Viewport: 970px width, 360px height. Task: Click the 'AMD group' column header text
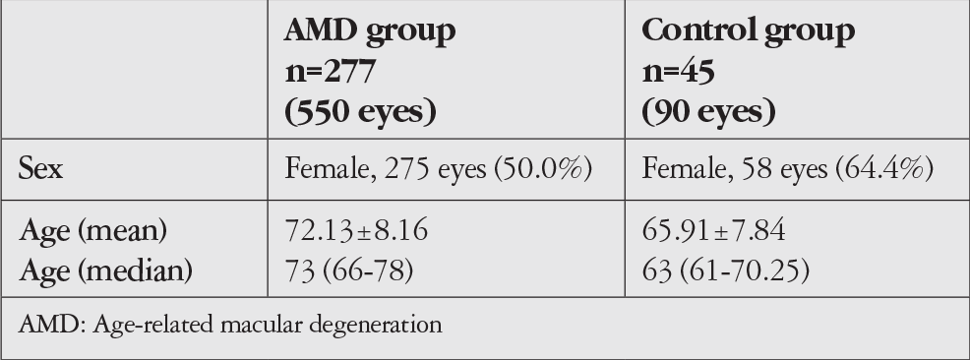point(370,30)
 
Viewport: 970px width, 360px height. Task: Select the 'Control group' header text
point(749,30)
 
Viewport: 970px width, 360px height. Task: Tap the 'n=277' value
point(331,72)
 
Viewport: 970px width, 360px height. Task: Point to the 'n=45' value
point(679,72)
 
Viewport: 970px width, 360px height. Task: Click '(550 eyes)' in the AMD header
point(361,112)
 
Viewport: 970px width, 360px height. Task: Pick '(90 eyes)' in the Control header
point(709,112)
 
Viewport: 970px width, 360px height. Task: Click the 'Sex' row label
point(41,168)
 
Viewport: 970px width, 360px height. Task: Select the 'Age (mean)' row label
point(93,231)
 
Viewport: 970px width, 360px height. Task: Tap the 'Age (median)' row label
point(106,270)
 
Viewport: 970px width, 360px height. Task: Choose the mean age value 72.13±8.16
point(356,230)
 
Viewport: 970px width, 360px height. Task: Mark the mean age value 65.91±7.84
point(714,230)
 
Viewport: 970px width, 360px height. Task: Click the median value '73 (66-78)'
point(349,270)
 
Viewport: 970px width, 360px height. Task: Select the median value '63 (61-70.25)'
point(726,270)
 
